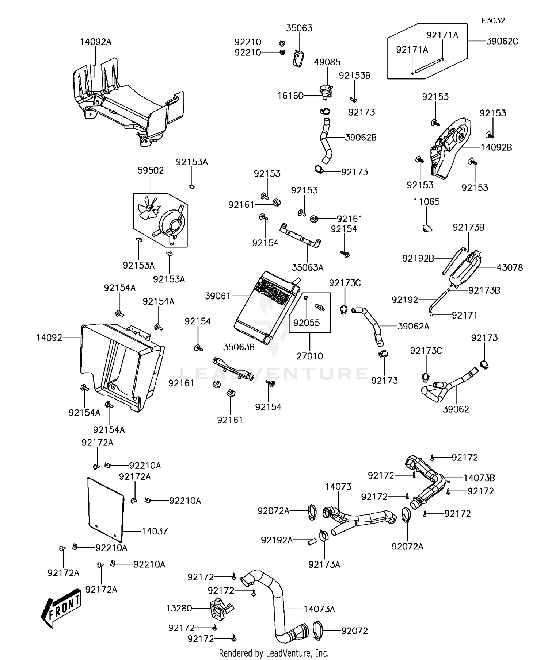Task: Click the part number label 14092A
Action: pyautogui.click(x=95, y=42)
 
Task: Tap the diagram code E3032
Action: pyautogui.click(x=493, y=21)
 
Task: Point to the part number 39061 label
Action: pyautogui.click(x=218, y=296)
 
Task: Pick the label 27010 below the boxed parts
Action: pyautogui.click(x=309, y=356)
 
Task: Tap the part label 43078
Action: pyautogui.click(x=510, y=267)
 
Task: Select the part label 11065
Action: pyautogui.click(x=427, y=202)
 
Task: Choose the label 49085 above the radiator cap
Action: pyautogui.click(x=327, y=62)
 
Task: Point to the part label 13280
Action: pyautogui.click(x=179, y=608)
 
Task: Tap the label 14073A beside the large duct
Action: pyautogui.click(x=319, y=609)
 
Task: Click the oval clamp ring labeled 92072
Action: pyautogui.click(x=319, y=631)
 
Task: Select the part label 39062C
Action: pyautogui.click(x=502, y=41)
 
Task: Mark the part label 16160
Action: pyautogui.click(x=290, y=96)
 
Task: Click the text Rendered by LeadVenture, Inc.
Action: pyautogui.click(x=274, y=653)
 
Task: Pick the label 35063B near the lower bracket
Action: pyautogui.click(x=239, y=347)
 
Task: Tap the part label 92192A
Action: pyautogui.click(x=277, y=540)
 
